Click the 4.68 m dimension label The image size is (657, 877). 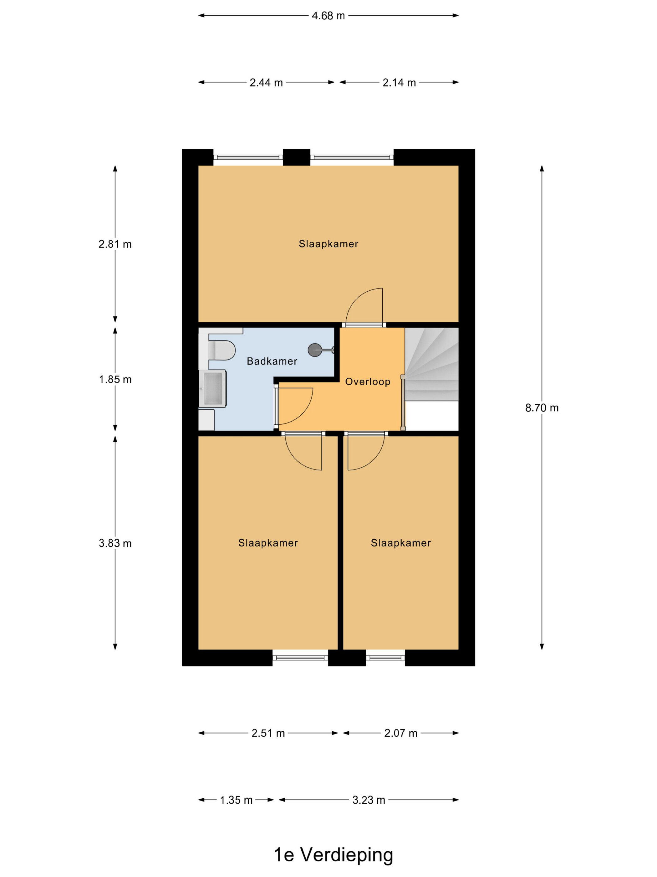(x=328, y=16)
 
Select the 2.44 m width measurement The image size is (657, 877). (x=266, y=82)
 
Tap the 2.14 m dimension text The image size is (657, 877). (x=399, y=82)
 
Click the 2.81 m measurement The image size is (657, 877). (x=115, y=244)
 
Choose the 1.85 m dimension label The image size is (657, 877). (x=115, y=379)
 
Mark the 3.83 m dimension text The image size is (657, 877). (x=115, y=543)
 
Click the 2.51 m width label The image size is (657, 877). (x=268, y=733)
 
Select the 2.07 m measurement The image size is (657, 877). (x=401, y=733)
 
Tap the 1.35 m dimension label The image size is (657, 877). (x=236, y=800)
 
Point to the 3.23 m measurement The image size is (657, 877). (x=369, y=800)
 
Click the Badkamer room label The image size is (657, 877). (x=272, y=361)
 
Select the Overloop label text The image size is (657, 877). (x=368, y=382)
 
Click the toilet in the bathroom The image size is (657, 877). (x=222, y=350)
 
